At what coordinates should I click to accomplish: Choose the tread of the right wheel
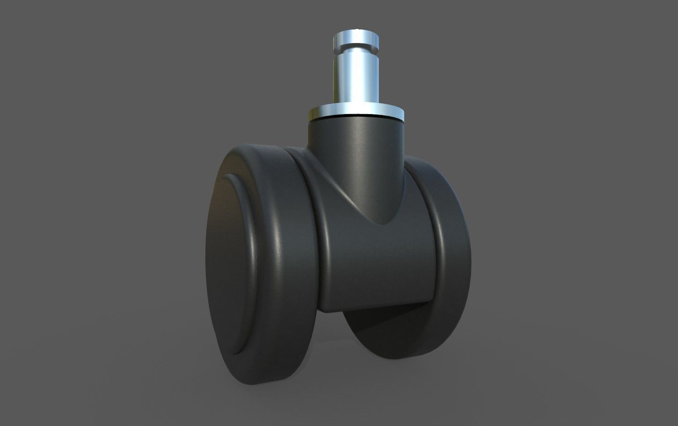pyautogui.click(x=456, y=262)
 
